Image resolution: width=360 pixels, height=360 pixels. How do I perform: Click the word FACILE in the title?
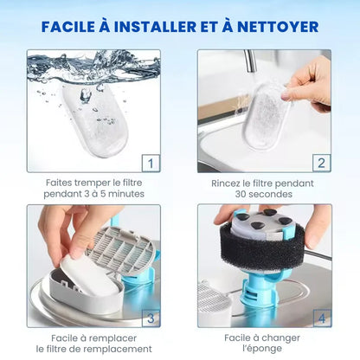pos(68,27)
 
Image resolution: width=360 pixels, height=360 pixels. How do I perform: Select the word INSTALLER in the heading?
pos(156,27)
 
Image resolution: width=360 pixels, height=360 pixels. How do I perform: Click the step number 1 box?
pos(151,164)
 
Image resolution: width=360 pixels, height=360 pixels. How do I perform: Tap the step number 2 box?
pos(321,164)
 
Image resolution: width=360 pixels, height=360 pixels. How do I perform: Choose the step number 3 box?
pos(151,318)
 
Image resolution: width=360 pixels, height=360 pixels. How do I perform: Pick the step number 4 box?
pos(322,318)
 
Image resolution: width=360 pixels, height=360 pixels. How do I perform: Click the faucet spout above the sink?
pos(250,61)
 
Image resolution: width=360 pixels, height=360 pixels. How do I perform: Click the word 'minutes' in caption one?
pos(126,194)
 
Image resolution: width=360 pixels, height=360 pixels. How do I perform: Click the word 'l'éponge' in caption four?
pos(262,349)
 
